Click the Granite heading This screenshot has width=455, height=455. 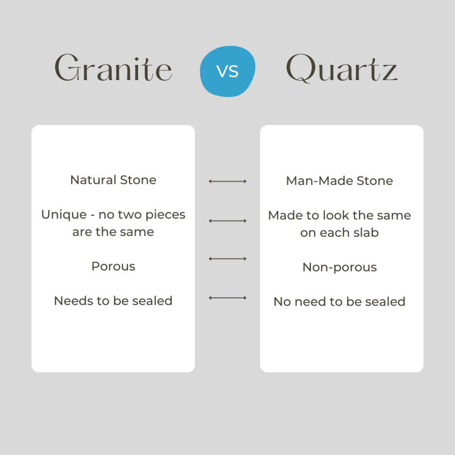pos(113,68)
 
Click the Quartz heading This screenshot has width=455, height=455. pos(342,68)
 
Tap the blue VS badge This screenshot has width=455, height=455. pos(227,72)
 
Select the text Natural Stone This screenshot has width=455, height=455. pos(113,180)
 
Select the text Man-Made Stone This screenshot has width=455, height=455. pos(339,181)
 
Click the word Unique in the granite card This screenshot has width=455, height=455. pos(64,215)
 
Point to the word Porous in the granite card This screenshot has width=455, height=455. pos(113,267)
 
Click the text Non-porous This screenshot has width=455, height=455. pos(339,267)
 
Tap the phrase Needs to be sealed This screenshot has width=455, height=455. pos(113,301)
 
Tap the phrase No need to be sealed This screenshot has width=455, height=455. pos(339,302)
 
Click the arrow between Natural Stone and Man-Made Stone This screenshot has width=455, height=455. pos(227,181)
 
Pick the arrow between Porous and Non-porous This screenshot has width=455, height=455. pos(227,259)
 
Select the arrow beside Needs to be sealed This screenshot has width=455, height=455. pos(227,298)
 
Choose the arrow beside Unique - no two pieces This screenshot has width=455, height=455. pos(227,221)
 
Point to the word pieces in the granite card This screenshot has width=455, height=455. pos(165,215)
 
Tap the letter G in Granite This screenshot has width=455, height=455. pos(67,67)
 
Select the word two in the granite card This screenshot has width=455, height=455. pos(130,215)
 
